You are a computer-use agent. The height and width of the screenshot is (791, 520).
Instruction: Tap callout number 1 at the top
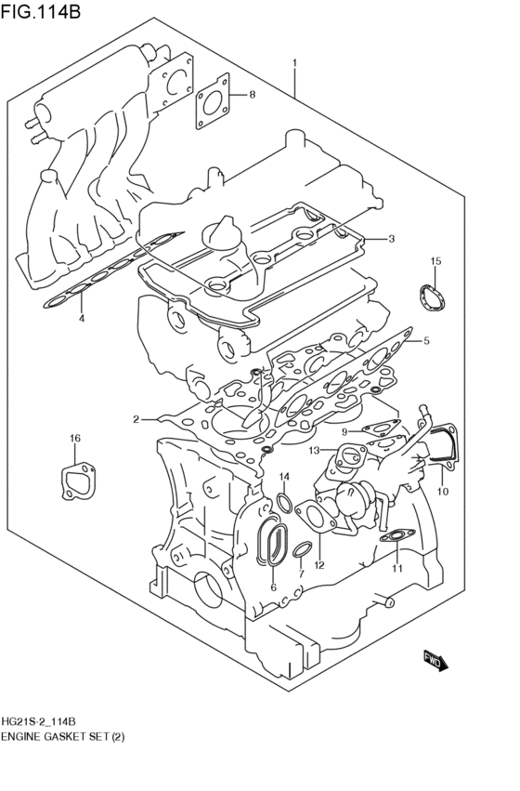294,64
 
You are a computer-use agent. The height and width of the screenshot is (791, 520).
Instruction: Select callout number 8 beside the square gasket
251,96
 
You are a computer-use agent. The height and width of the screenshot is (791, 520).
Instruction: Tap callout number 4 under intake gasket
81,319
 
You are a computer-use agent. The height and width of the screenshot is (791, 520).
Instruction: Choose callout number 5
426,341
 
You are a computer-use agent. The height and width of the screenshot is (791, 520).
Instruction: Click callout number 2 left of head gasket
136,419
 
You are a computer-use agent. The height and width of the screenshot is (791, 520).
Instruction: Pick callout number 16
75,438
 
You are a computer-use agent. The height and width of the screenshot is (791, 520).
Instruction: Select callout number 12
318,564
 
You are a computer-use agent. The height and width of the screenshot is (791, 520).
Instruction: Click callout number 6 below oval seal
273,587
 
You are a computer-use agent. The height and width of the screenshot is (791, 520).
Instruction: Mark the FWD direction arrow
436,659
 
